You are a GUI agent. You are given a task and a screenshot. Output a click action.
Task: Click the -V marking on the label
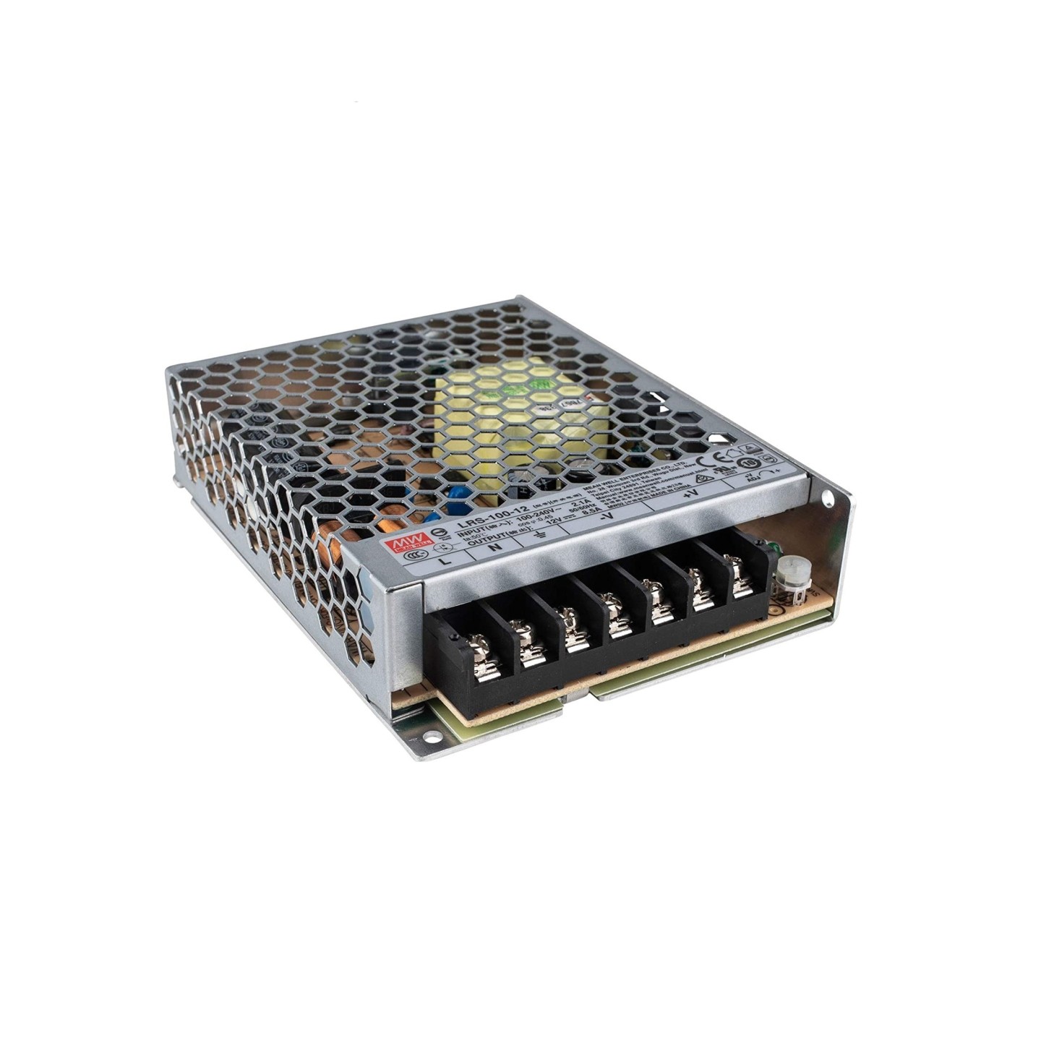point(606,516)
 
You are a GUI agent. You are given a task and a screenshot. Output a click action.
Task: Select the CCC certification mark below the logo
point(412,556)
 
